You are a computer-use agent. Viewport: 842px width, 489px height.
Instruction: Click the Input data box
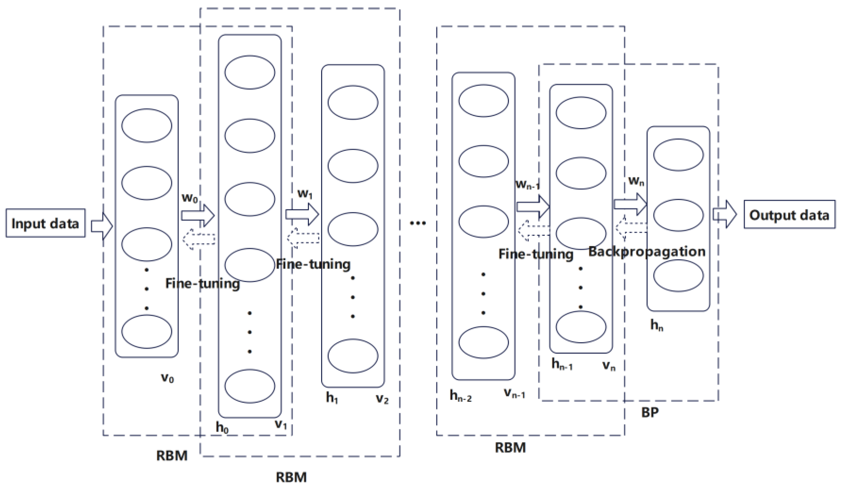pos(46,223)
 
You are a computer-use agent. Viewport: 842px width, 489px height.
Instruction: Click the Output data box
pos(789,215)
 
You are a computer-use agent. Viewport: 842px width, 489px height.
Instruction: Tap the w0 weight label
pos(190,198)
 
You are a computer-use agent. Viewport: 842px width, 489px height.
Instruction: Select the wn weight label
pos(636,181)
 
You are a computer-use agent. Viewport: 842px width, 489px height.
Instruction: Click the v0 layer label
pos(168,378)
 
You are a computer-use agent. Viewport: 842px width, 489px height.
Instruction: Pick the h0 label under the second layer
pos(222,427)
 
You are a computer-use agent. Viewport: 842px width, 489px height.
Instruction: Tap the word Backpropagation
pos(647,252)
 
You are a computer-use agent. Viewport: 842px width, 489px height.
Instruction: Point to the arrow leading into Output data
pos(724,214)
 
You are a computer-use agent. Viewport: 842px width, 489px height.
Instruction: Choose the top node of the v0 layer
pos(147,126)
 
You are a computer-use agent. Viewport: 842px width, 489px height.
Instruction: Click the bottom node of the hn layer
pos(678,275)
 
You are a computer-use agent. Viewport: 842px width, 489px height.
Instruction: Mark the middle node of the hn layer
pos(678,215)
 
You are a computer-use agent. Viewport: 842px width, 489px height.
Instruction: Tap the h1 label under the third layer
pos(332,398)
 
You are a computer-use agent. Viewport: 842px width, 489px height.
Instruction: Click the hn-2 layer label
pos(460,396)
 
